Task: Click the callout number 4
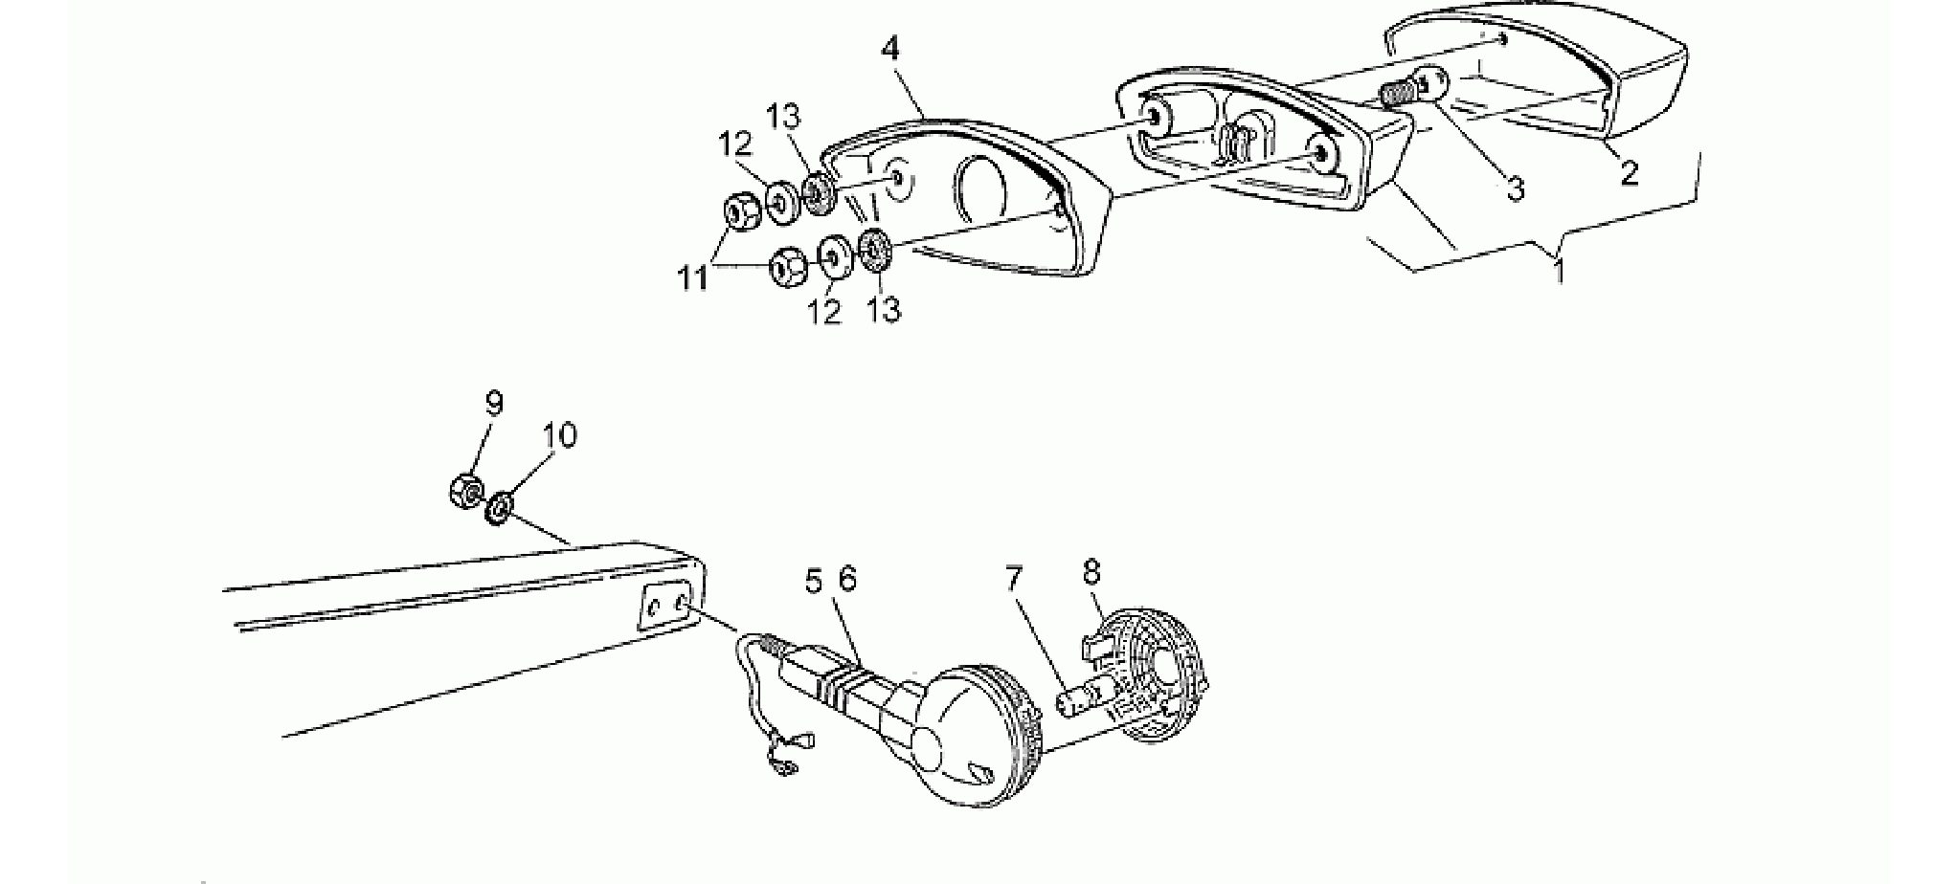(x=891, y=49)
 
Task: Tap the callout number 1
(x=1559, y=273)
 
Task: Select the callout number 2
(x=1628, y=173)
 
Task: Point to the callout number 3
(x=1516, y=188)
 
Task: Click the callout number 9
(x=493, y=405)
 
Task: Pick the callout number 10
(x=560, y=436)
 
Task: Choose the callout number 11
(x=693, y=279)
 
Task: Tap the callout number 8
(x=1091, y=573)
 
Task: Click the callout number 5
(x=813, y=581)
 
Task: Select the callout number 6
(x=847, y=579)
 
